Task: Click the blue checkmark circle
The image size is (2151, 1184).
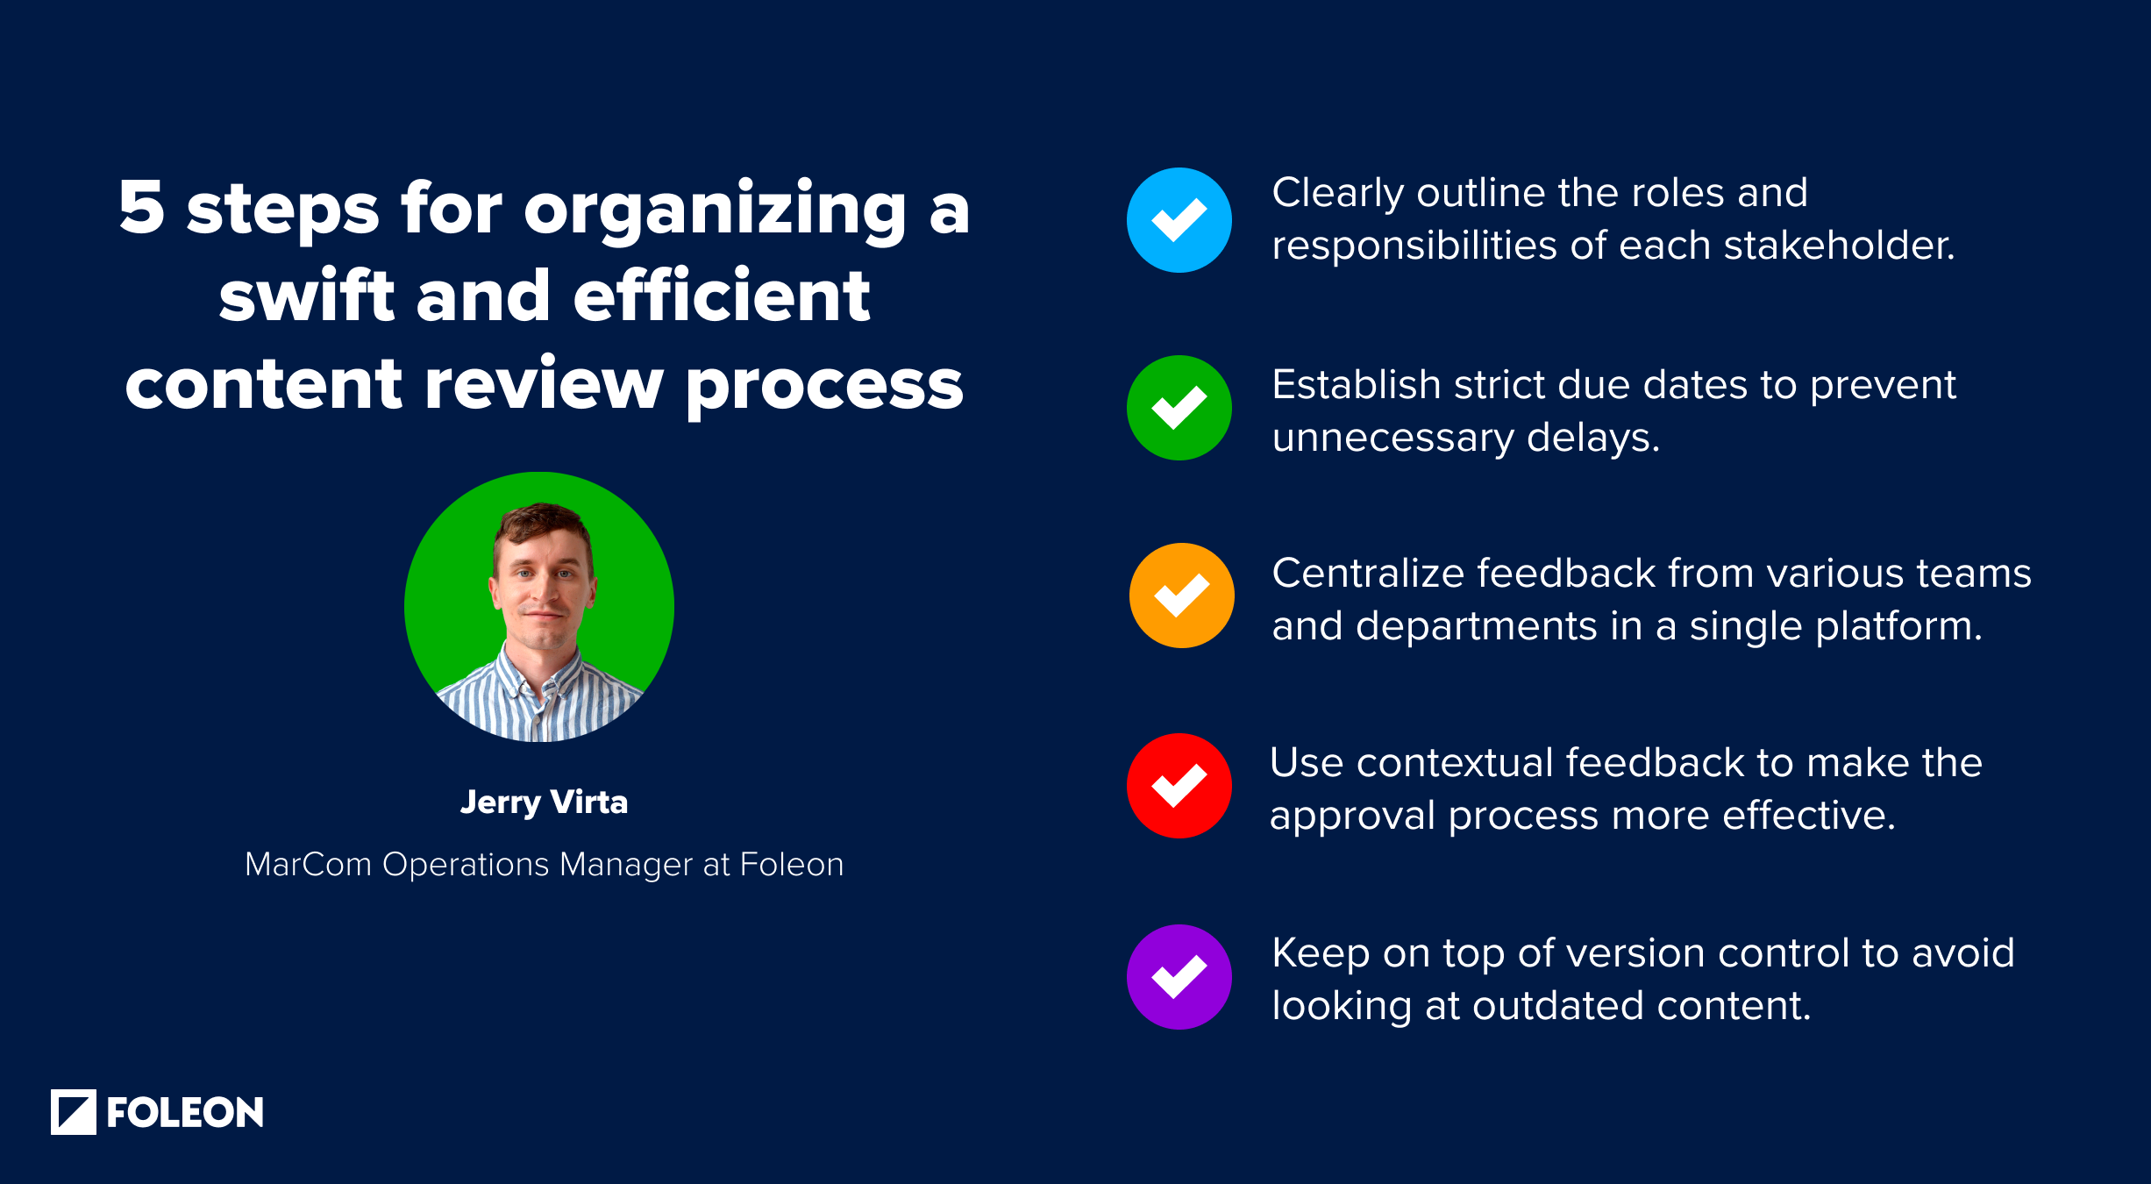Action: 1179,220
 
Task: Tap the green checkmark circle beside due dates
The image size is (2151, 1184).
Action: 1179,408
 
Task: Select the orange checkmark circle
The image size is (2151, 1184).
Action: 1181,596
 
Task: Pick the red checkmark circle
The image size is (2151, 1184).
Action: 1179,786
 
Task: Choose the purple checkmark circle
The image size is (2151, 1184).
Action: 1179,977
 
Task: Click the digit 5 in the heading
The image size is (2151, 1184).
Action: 142,208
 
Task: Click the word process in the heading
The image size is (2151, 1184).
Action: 824,386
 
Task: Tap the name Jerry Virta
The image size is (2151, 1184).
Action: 544,802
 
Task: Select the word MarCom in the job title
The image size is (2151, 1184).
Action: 308,865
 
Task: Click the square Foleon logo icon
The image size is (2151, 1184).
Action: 74,1112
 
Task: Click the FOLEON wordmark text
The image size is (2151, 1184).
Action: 185,1113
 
